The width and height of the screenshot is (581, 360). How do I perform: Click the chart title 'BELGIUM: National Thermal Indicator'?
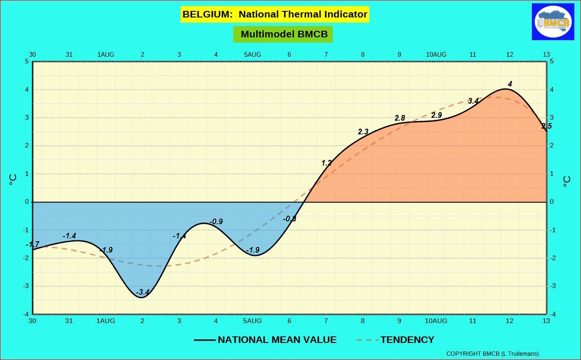pos(275,14)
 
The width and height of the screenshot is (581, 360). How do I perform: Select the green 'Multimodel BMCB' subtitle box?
pos(283,34)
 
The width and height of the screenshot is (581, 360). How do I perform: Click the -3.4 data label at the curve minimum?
pos(142,292)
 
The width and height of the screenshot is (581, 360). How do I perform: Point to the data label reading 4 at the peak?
pos(510,84)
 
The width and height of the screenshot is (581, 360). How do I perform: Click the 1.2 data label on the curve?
pos(326,163)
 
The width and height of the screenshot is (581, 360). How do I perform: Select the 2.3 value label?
pos(363,132)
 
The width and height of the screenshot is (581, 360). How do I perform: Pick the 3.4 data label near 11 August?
pos(473,101)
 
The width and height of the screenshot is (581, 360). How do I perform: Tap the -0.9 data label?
pos(216,221)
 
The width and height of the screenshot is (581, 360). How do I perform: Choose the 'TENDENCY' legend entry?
pos(407,340)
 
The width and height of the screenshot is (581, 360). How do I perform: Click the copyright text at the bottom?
pos(492,353)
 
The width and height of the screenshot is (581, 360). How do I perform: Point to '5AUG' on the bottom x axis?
pos(252,321)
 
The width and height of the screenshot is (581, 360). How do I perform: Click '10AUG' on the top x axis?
pos(436,54)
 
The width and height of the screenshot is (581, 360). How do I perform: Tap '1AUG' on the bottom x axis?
pos(105,321)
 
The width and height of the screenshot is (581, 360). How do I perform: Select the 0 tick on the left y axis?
pos(27,202)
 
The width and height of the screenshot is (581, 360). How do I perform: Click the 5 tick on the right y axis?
pos(552,61)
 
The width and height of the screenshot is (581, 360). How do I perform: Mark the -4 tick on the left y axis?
pos(26,314)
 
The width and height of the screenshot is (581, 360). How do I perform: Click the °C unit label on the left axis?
pos(13,180)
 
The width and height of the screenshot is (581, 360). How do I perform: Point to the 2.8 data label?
pos(400,118)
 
